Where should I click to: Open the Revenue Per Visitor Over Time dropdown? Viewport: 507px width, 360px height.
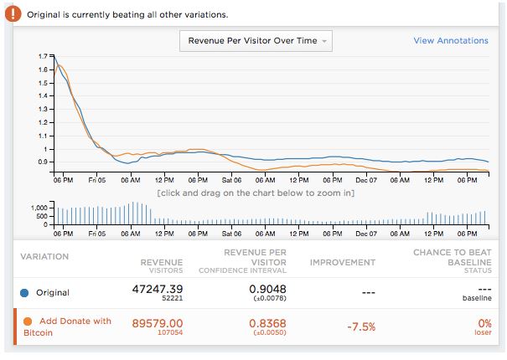tap(256, 40)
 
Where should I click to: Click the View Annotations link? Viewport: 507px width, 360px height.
tap(451, 40)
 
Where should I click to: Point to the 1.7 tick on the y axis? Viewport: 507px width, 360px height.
tap(42, 55)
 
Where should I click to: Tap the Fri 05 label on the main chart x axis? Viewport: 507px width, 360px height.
tap(96, 180)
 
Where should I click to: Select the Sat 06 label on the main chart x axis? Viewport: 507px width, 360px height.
tap(231, 180)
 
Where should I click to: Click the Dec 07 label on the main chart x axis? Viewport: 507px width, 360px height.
tap(367, 180)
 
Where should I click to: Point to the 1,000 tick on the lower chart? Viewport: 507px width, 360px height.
tap(39, 206)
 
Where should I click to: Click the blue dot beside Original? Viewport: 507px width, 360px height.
tap(24, 293)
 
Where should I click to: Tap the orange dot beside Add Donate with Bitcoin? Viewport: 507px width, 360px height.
tap(28, 321)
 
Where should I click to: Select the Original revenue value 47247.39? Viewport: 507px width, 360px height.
tap(158, 288)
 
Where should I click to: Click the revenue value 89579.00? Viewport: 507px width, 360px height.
tap(158, 322)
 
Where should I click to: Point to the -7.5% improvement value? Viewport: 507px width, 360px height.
tap(360, 327)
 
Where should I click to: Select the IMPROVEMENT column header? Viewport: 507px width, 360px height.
tap(343, 262)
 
